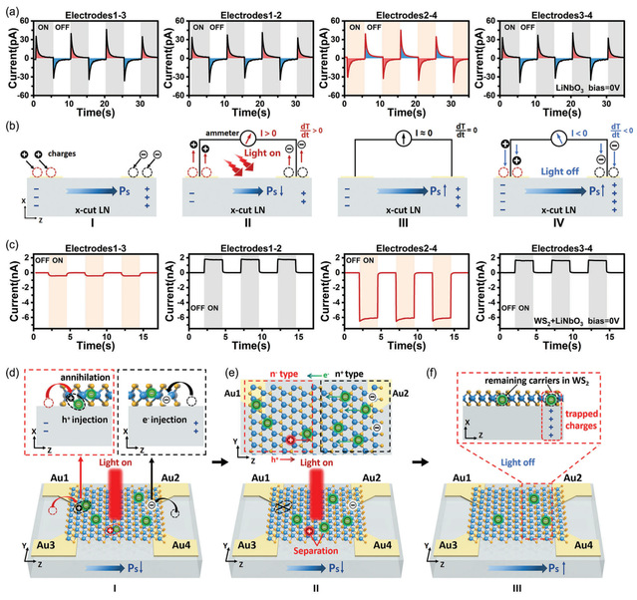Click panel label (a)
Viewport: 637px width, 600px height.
click(10, 9)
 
